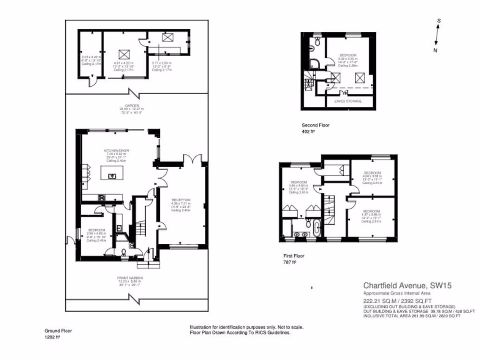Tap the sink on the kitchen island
112,176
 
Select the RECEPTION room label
181,200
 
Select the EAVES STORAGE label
347,101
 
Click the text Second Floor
316,125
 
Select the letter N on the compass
435,50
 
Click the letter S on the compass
439,21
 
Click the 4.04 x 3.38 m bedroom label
373,172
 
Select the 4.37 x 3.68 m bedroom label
373,211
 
